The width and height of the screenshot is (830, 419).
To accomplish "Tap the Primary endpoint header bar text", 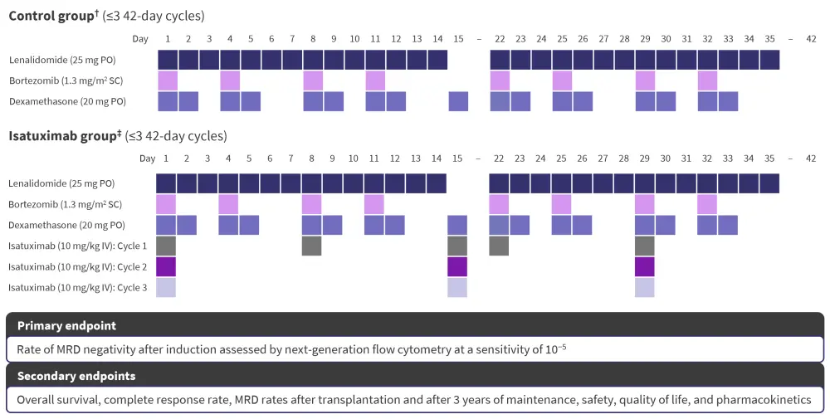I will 66,325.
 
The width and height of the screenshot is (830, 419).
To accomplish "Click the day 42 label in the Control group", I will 811,39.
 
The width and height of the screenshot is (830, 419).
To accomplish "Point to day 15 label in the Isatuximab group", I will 457,158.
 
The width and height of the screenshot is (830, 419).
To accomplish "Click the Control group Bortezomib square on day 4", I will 230,80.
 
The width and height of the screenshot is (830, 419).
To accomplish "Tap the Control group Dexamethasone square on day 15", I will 458,101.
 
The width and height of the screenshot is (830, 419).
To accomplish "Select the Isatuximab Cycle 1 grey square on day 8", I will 311,246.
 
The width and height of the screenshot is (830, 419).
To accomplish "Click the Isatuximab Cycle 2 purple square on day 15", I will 457,266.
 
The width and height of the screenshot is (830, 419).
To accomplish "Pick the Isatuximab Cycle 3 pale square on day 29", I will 644,287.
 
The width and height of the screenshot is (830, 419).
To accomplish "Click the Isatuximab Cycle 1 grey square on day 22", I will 499,246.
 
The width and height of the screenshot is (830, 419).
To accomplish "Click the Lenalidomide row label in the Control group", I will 62,60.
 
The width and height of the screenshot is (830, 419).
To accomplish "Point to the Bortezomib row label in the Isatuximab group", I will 64,204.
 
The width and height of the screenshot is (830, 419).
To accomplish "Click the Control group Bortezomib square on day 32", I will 707,80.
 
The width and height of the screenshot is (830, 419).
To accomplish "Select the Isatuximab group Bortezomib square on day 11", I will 374,204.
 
